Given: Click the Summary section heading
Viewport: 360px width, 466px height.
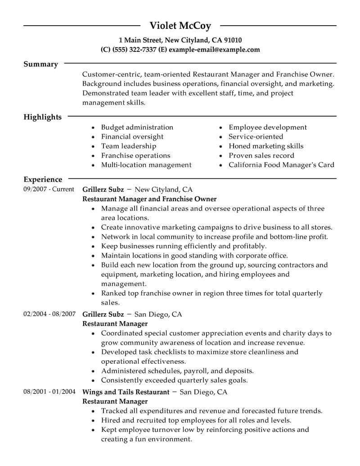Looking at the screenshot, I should [40, 64].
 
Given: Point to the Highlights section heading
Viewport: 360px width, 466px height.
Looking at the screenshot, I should [42, 117].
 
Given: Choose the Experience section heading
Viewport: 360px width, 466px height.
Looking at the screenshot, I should [43, 179].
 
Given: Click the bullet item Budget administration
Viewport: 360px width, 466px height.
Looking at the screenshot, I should [137, 127].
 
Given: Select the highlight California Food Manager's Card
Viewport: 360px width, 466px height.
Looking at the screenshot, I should [281, 165].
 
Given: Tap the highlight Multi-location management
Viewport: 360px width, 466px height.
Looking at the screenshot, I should [146, 165].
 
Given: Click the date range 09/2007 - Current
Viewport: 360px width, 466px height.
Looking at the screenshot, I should [49, 189].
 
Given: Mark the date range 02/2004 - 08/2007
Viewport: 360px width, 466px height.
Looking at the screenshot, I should [49, 314].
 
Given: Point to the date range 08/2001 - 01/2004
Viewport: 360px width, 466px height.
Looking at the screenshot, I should [49, 392].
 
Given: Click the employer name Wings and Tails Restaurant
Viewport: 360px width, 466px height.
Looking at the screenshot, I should [126, 392].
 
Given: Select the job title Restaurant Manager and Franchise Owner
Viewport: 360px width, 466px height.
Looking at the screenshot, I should [149, 199].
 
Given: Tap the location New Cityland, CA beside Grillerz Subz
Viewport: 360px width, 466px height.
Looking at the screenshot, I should [164, 190].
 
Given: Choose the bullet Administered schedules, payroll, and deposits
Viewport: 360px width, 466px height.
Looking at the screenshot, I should [177, 371].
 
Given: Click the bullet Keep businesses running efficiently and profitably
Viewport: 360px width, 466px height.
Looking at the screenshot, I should [184, 246].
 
